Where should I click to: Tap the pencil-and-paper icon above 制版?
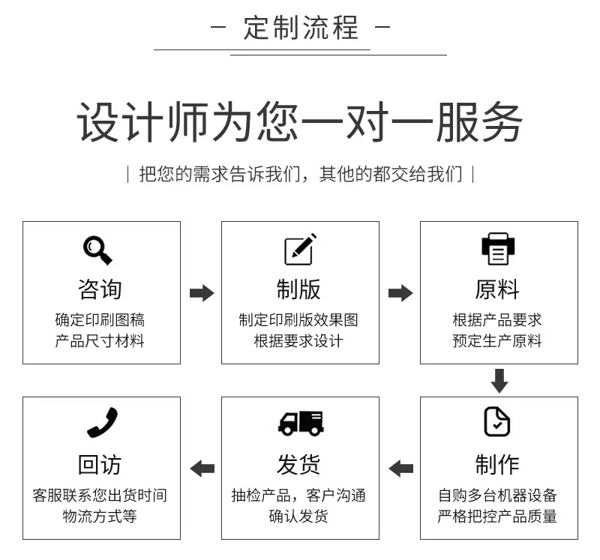[x=300, y=249]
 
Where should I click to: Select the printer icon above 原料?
[x=498, y=249]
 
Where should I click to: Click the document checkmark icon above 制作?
[x=497, y=421]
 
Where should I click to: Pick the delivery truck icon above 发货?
[x=301, y=423]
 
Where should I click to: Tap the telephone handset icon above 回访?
[x=102, y=422]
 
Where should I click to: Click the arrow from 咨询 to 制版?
[x=202, y=293]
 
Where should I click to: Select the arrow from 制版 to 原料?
[x=400, y=293]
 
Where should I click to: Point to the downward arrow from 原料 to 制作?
[x=499, y=381]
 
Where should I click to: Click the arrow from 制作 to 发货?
[x=400, y=469]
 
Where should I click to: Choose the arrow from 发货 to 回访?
[x=202, y=469]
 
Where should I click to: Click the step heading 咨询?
[x=100, y=289]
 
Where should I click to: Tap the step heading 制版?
[x=298, y=289]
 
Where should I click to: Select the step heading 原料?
[x=497, y=289]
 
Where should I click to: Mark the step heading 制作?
[x=497, y=464]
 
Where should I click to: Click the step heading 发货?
[x=298, y=464]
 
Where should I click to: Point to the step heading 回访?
[x=100, y=464]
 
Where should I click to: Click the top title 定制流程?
[x=301, y=28]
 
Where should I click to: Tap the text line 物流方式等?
[x=100, y=516]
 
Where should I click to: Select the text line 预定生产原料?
[x=497, y=341]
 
